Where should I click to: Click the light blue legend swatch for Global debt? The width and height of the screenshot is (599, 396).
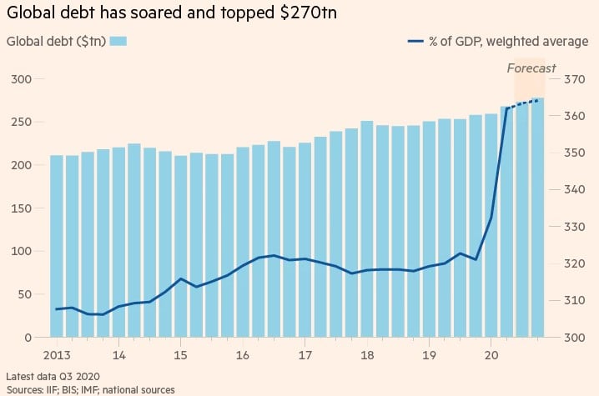tap(118, 41)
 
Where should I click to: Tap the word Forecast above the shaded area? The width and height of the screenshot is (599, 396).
tap(531, 68)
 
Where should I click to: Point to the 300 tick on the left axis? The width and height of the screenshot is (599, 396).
tap(22, 79)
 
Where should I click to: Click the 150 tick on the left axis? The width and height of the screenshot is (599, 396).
tap(22, 208)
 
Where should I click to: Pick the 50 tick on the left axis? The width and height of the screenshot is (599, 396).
tap(25, 294)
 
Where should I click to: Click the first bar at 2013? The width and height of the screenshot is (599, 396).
tap(57, 250)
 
